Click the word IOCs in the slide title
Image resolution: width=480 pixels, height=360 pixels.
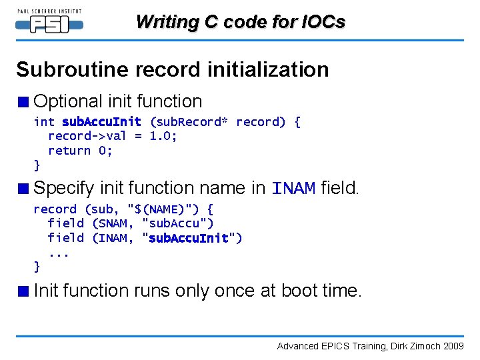[322, 22]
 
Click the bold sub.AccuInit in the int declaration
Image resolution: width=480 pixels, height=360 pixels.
[101, 121]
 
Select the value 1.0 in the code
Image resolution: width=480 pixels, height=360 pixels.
[163, 136]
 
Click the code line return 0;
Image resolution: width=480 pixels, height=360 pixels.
[80, 151]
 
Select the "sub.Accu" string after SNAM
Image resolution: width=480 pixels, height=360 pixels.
[178, 223]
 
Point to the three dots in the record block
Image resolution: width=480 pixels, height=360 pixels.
[59, 253]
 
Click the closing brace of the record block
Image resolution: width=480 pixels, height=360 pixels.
[37, 267]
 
